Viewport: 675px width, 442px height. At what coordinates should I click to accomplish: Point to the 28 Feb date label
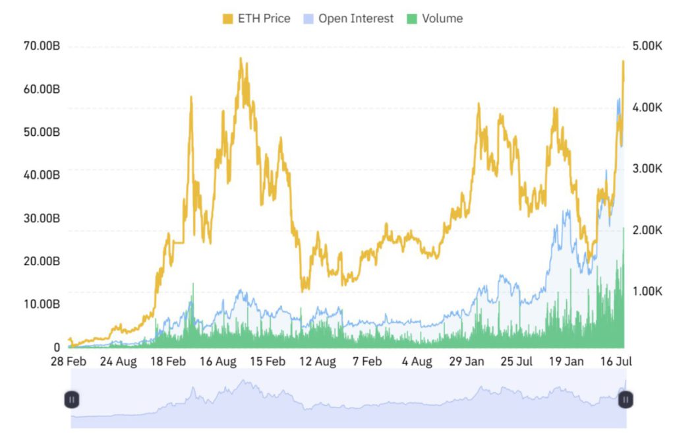point(69,362)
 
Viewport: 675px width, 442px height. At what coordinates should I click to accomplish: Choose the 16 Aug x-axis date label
point(218,362)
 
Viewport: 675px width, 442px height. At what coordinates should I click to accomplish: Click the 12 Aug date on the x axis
point(317,362)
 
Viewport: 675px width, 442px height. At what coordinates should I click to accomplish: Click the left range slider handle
point(72,399)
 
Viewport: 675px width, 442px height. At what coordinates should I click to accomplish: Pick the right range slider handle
point(626,399)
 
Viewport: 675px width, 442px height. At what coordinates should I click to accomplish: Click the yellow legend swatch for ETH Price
point(228,19)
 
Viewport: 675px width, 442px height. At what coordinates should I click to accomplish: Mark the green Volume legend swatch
point(412,19)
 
